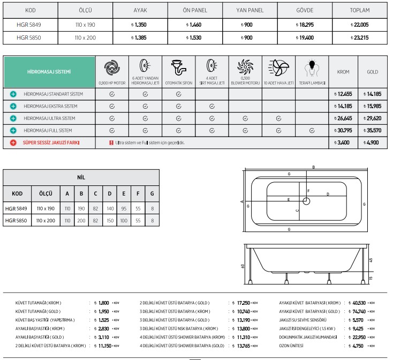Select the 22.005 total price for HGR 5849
point(359,25)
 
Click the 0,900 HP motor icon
point(111,68)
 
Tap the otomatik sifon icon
point(178,68)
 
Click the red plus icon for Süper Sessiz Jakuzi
point(13,143)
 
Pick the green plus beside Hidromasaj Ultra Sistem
point(13,118)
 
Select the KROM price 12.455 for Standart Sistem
point(343,94)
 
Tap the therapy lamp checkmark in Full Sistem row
point(312,131)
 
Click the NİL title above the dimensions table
point(81,176)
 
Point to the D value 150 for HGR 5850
point(110,220)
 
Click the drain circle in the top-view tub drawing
point(306,201)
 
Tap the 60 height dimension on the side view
point(243,266)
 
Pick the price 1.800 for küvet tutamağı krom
point(104,303)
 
